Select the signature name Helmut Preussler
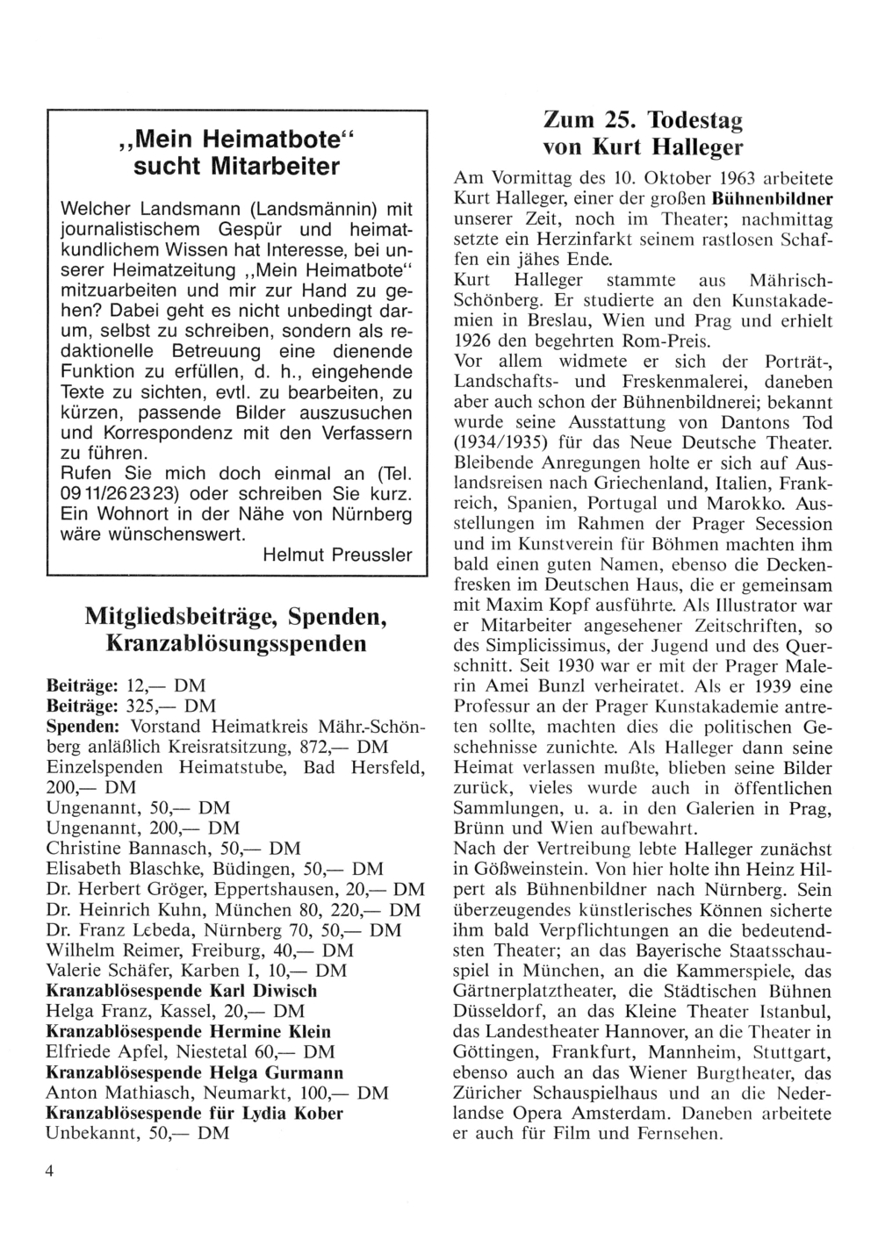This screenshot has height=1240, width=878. [x=337, y=555]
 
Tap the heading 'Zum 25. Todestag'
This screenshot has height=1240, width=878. [x=643, y=120]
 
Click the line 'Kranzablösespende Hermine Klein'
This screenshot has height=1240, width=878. [x=188, y=1031]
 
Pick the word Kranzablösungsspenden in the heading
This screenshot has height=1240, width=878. [x=236, y=644]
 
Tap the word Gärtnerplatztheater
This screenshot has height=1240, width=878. [x=536, y=992]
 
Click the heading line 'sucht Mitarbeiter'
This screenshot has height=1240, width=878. [x=236, y=167]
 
